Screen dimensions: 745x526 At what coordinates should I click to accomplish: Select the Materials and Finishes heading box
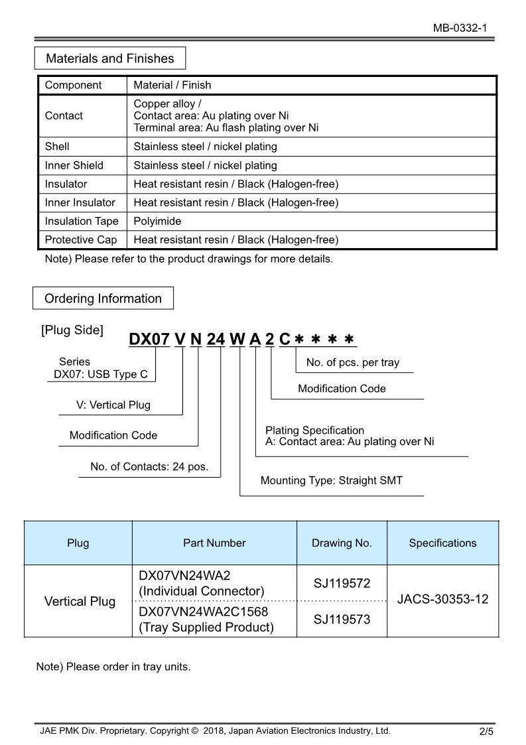pyautogui.click(x=110, y=58)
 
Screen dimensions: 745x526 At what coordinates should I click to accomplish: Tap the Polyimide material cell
pyautogui.click(x=157, y=221)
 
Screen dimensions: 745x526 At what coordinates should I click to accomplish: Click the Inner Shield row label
pyautogui.click(x=74, y=165)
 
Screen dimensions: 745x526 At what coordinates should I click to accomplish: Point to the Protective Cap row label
pyautogui.click(x=81, y=239)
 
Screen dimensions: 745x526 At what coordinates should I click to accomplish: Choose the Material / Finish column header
pyautogui.click(x=172, y=85)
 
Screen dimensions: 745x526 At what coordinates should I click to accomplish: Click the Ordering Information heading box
pyautogui.click(x=103, y=299)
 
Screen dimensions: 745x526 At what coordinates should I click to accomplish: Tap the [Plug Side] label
pyautogui.click(x=72, y=330)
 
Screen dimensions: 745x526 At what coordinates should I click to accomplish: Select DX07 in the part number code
pyautogui.click(x=149, y=339)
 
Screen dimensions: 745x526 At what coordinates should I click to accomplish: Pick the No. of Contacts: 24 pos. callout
pyautogui.click(x=149, y=466)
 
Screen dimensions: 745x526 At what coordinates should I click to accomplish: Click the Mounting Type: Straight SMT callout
pyautogui.click(x=331, y=480)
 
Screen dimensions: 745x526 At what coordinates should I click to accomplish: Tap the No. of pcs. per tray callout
pyautogui.click(x=353, y=363)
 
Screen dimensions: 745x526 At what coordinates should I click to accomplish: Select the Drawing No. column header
pyautogui.click(x=342, y=543)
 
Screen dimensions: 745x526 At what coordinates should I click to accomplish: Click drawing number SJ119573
pyautogui.click(x=342, y=620)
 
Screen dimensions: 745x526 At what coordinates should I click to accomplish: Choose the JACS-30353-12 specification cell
pyautogui.click(x=442, y=599)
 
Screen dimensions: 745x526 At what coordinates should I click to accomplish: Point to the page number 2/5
pyautogui.click(x=486, y=732)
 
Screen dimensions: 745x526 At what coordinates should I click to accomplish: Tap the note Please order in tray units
pyautogui.click(x=113, y=666)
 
